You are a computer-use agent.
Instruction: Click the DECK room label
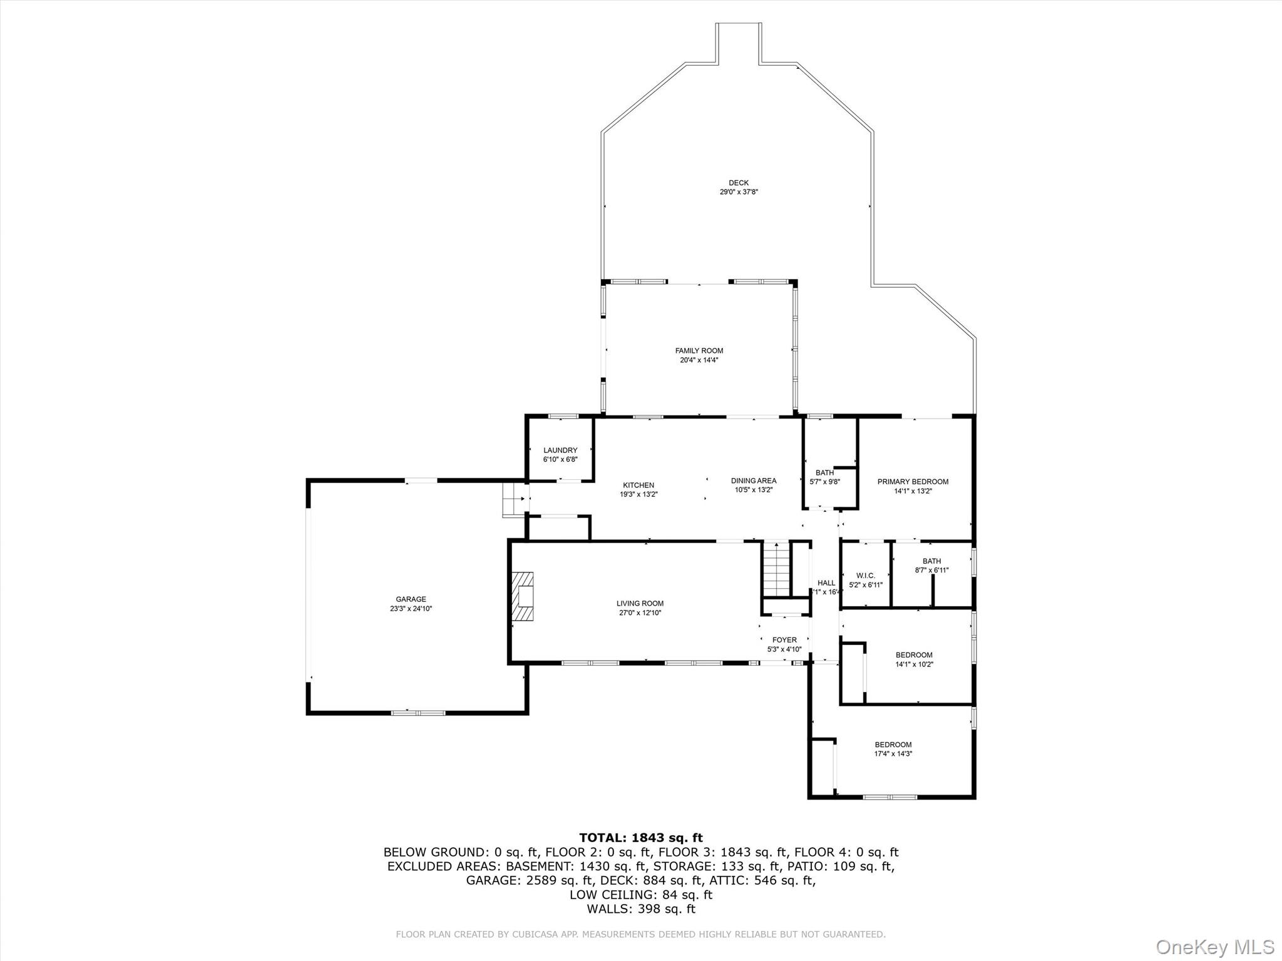(739, 183)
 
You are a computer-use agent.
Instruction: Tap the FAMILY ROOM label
(699, 351)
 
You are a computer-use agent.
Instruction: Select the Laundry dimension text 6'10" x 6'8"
(560, 459)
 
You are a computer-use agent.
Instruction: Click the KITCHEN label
(638, 485)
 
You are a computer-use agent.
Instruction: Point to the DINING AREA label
(754, 480)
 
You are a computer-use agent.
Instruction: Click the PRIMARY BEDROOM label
(913, 482)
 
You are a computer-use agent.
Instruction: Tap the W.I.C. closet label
(865, 576)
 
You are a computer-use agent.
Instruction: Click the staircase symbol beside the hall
(776, 569)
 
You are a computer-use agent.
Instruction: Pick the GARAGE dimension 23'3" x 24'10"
(411, 608)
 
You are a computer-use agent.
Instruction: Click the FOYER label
(784, 640)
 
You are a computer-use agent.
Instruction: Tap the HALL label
(826, 583)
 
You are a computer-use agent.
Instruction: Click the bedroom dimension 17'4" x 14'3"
(893, 754)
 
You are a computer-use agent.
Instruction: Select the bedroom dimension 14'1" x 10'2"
(914, 664)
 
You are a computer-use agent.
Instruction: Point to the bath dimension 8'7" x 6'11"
(931, 570)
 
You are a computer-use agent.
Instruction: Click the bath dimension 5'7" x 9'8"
(824, 482)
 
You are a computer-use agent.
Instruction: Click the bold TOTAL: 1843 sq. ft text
(640, 838)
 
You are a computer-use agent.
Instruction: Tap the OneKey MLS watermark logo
(1214, 947)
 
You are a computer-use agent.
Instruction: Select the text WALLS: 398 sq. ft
(640, 909)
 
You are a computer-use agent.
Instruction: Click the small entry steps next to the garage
(513, 499)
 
